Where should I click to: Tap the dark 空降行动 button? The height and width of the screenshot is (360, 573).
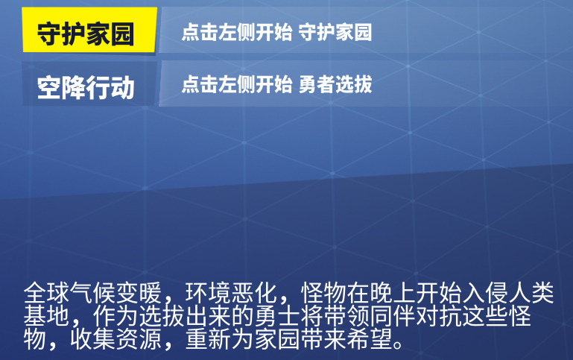point(89,83)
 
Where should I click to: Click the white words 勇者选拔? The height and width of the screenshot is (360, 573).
point(335,84)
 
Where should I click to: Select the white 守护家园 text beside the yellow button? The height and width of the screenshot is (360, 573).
point(335,32)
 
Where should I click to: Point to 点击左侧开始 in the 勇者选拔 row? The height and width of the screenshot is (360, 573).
point(237,84)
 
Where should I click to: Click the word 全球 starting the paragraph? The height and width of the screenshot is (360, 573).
point(46,293)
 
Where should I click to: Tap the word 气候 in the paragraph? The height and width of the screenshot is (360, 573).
point(92,293)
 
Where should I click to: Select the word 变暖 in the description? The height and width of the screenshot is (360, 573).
point(139,293)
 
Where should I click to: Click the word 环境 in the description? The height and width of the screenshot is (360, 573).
point(208,293)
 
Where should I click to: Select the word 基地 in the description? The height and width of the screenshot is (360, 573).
point(46,316)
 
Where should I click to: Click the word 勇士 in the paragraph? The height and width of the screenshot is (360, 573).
point(277,316)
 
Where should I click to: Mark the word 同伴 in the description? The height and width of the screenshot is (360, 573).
point(393,316)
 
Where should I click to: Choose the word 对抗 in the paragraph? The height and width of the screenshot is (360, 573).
point(439,316)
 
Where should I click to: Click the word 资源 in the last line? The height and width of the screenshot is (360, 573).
point(139,339)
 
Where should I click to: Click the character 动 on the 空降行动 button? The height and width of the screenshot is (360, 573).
point(122,88)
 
